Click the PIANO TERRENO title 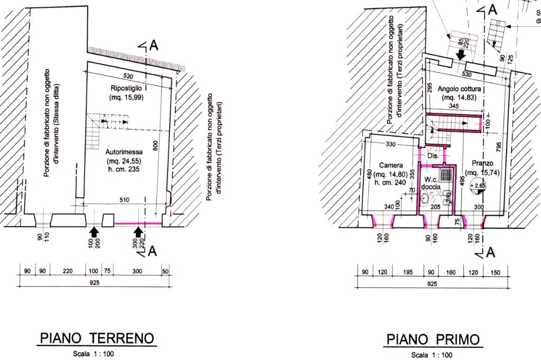[x=97, y=338]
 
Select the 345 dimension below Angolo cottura [x=454, y=106]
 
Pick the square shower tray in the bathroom [x=446, y=175]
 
